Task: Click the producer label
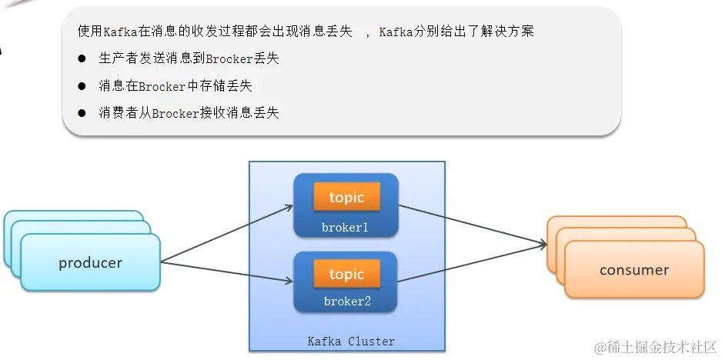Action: [90, 263]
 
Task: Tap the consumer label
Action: [634, 270]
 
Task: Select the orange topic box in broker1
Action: [346, 198]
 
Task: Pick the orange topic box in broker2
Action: [346, 275]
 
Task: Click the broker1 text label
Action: [346, 228]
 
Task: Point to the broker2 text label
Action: [347, 302]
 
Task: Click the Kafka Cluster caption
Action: [351, 341]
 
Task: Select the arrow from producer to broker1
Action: [227, 234]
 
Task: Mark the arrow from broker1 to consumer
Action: [473, 226]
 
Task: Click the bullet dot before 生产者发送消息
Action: [82, 59]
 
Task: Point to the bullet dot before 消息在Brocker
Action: [82, 86]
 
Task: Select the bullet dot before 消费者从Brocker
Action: [82, 113]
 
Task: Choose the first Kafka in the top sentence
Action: [120, 32]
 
